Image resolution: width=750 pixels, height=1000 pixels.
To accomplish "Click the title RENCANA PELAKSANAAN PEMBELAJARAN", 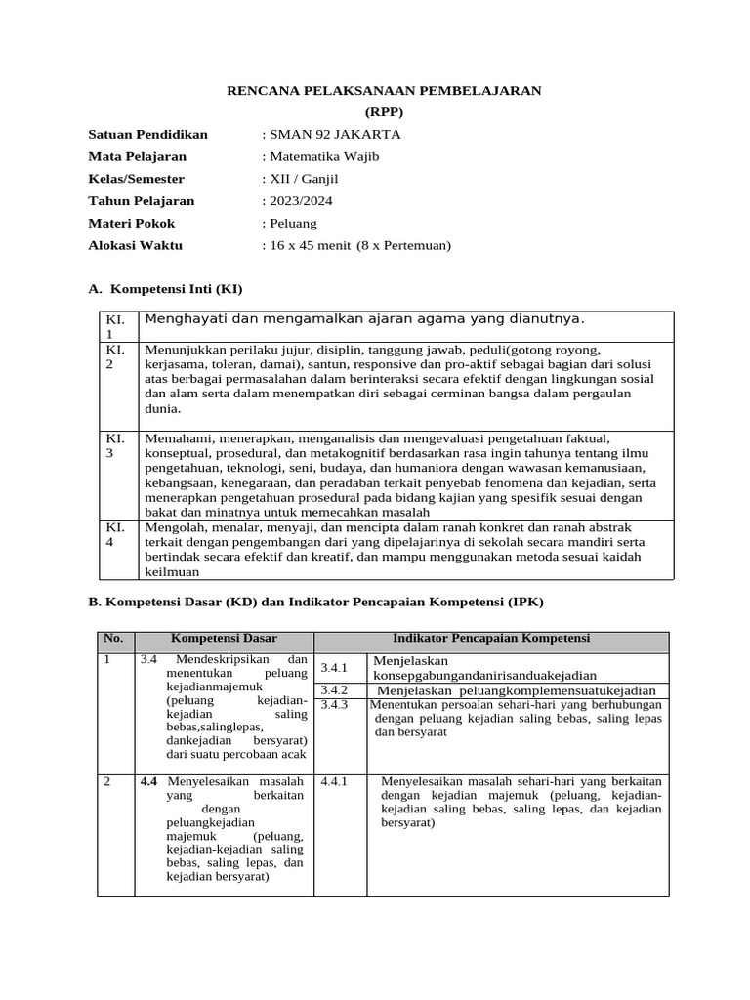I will (384, 90).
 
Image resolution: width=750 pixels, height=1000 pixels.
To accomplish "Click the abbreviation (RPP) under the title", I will (384, 112).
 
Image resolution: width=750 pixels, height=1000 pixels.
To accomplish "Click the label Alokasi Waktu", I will (135, 246).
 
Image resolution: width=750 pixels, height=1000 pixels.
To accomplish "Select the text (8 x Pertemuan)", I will (404, 246).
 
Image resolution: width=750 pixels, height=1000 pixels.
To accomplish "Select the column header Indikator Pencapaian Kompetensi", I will (491, 639).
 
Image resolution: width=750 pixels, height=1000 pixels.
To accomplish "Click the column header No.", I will (114, 639).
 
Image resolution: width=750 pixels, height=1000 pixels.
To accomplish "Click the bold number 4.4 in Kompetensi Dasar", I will (149, 782).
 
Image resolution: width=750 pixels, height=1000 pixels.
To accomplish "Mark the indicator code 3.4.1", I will (335, 668).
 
